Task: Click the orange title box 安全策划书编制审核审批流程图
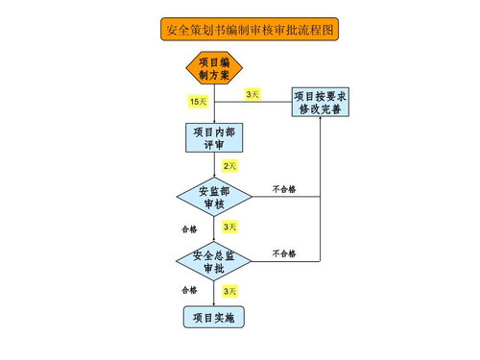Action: [250, 30]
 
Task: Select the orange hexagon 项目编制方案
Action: [213, 68]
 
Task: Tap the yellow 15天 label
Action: [198, 101]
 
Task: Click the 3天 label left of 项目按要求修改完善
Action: [252, 94]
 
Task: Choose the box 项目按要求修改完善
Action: [320, 102]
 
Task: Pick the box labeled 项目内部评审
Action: [213, 137]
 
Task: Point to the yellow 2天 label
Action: [229, 166]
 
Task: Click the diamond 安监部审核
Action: [213, 197]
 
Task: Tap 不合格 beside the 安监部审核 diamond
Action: [284, 189]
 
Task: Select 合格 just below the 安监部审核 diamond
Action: [189, 229]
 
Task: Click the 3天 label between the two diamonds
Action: [229, 228]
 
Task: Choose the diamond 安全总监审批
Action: [213, 261]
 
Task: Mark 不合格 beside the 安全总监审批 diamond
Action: [284, 253]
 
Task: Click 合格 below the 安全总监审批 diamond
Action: [189, 289]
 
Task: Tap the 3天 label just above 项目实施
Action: [229, 290]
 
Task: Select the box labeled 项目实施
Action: [213, 317]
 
